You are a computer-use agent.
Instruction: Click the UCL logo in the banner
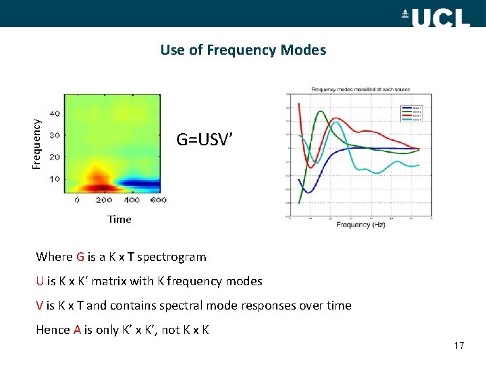pyautogui.click(x=440, y=15)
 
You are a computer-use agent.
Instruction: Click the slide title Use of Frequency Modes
pyautogui.click(x=243, y=50)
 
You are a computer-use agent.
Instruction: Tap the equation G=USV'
pyautogui.click(x=205, y=140)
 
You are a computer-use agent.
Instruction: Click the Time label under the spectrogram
pyautogui.click(x=119, y=219)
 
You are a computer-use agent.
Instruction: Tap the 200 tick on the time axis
pyautogui.click(x=104, y=201)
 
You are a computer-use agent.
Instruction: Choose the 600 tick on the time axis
pyautogui.click(x=159, y=201)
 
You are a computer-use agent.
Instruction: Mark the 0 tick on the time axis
pyautogui.click(x=77, y=201)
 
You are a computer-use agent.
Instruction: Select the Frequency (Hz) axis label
pyautogui.click(x=360, y=224)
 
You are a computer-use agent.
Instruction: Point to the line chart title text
pyautogui.click(x=360, y=89)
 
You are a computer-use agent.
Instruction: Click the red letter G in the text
pyautogui.click(x=80, y=257)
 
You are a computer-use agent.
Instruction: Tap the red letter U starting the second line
pyautogui.click(x=40, y=281)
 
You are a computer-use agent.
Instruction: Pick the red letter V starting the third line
pyautogui.click(x=40, y=306)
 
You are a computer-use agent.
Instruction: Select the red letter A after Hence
pyautogui.click(x=78, y=330)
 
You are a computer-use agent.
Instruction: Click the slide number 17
pyautogui.click(x=459, y=346)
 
